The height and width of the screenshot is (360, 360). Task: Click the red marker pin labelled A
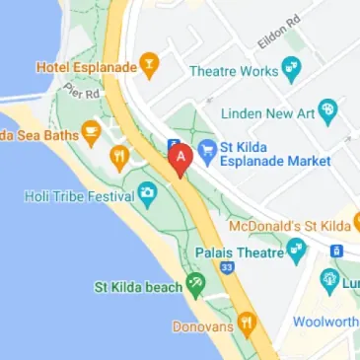coord(180,159)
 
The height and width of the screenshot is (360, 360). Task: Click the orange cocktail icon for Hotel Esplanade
coord(150,66)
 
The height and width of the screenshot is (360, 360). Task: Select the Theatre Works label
coord(232,71)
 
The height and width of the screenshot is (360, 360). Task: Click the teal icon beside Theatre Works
coord(291,69)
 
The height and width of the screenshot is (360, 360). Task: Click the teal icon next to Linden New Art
coord(330,113)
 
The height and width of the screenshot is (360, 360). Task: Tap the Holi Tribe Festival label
coord(79,196)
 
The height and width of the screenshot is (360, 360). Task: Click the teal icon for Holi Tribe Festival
coord(148,191)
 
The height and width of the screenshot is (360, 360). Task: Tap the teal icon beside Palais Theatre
coord(298,252)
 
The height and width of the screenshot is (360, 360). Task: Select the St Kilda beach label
coord(138,287)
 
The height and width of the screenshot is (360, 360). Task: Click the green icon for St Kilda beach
coord(196,286)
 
